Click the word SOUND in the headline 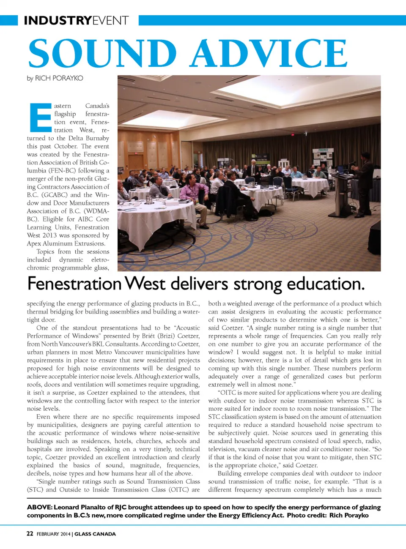point(102,53)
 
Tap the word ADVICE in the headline point(269,53)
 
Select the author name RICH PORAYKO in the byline point(59,78)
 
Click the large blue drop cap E point(41,117)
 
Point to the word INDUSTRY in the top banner point(58,20)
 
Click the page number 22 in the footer point(30,534)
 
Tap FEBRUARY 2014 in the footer point(53,534)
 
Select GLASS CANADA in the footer point(95,534)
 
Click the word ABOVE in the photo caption point(39,507)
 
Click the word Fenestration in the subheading point(74,284)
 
